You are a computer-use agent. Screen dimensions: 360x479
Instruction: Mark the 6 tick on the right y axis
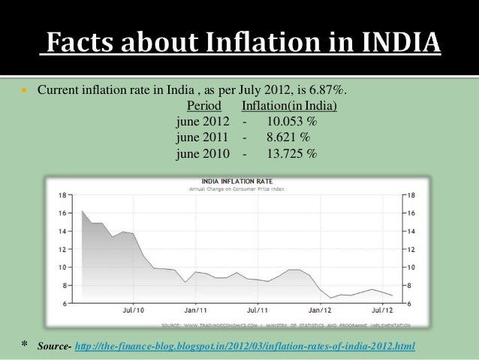point(410,303)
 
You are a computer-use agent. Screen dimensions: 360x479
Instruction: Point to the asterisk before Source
point(23,344)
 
